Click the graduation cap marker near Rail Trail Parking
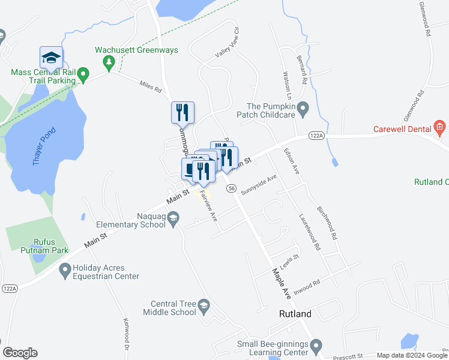[51, 58]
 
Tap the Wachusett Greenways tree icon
[109, 61]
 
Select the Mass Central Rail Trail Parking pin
[84, 76]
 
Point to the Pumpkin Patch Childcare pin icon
[304, 109]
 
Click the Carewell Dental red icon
[440, 126]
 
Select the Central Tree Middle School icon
[204, 307]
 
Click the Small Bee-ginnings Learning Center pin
[316, 344]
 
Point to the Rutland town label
[295, 314]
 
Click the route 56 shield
[231, 188]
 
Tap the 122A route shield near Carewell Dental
[317, 136]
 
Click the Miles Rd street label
[151, 87]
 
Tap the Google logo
[20, 353]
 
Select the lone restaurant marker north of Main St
[182, 112]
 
